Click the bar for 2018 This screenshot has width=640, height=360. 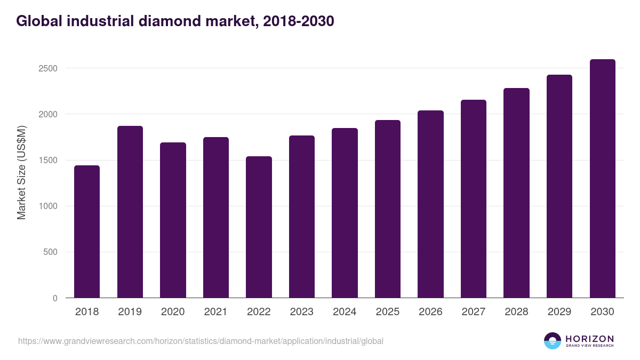pyautogui.click(x=87, y=231)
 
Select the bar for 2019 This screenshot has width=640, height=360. pyautogui.click(x=130, y=212)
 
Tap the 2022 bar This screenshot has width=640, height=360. pyautogui.click(x=259, y=227)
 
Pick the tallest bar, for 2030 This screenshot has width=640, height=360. pyautogui.click(x=602, y=178)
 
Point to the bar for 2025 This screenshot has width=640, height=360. pyautogui.click(x=388, y=209)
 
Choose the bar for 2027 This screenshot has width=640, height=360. pyautogui.click(x=474, y=198)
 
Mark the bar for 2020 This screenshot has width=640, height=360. pyautogui.click(x=173, y=220)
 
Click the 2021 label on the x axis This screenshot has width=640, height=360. pyautogui.click(x=216, y=312)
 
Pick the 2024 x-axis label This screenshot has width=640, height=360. pyautogui.click(x=345, y=312)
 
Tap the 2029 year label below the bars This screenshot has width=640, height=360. pyautogui.click(x=559, y=312)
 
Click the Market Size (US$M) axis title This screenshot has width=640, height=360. pyautogui.click(x=21, y=172)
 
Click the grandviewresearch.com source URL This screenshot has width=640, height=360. pyautogui.click(x=201, y=341)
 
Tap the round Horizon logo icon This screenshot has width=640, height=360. pyautogui.click(x=553, y=341)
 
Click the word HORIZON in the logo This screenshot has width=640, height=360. pyautogui.click(x=589, y=339)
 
